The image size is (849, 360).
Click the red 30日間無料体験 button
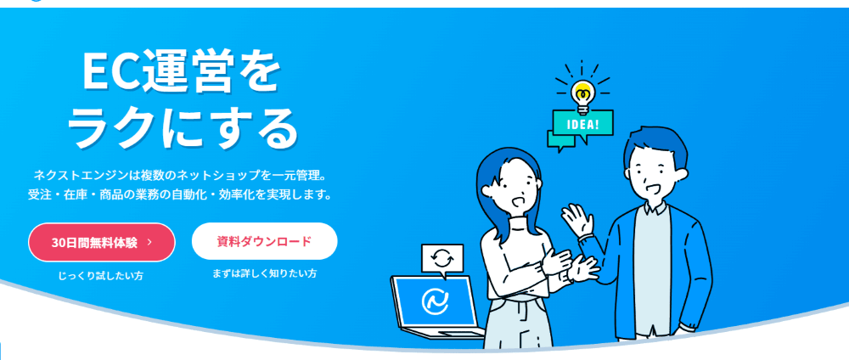pyautogui.click(x=102, y=243)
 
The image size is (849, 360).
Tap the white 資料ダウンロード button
pyautogui.click(x=264, y=241)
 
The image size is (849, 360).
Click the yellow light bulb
pyautogui.click(x=582, y=96)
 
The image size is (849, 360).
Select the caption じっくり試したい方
pyautogui.click(x=101, y=276)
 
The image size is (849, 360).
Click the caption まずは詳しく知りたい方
pyautogui.click(x=264, y=273)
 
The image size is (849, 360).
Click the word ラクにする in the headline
pyautogui.click(x=183, y=127)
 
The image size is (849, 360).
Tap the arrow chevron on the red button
pyautogui.click(x=149, y=243)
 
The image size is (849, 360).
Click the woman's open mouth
pyautogui.click(x=516, y=202)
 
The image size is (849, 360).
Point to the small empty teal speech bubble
pyautogui.click(x=561, y=139)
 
